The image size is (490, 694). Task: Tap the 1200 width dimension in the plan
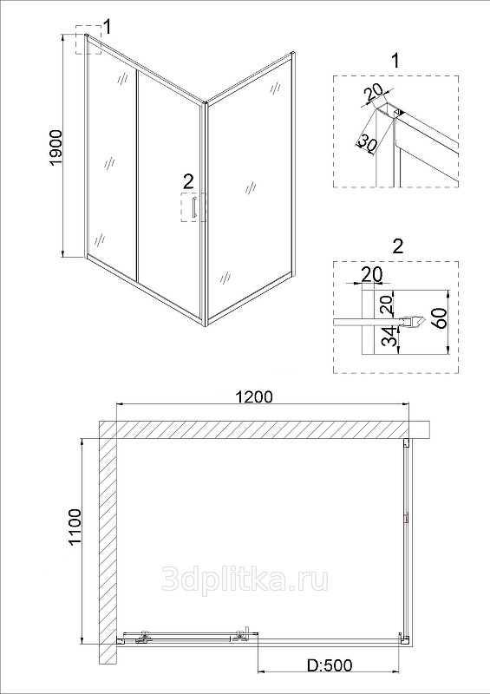tap(254, 396)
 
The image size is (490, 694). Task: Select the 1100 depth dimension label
tap(75, 528)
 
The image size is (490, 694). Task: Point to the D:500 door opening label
tap(330, 678)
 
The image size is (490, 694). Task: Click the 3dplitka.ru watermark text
tap(245, 579)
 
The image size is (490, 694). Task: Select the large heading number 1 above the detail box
tap(395, 61)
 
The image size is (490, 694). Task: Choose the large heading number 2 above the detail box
tap(398, 246)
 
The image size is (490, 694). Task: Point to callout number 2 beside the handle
tap(188, 181)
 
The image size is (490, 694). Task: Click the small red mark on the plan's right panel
tap(405, 517)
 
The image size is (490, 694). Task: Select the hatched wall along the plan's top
tap(264, 429)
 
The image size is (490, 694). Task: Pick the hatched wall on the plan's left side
tap(108, 542)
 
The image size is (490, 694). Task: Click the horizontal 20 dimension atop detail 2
tap(372, 274)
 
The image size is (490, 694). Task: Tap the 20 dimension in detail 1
tap(374, 94)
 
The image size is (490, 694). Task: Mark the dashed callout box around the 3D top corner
tap(88, 40)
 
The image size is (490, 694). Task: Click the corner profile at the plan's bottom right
tap(403, 639)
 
